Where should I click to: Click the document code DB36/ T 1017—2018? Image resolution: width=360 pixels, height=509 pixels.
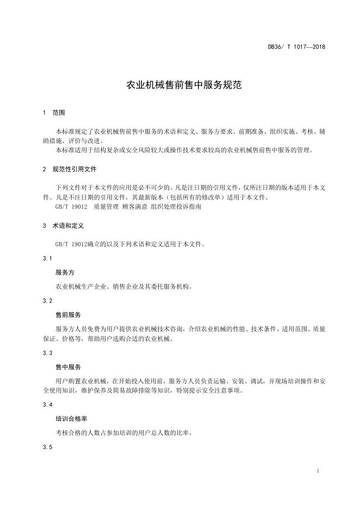[x=296, y=47]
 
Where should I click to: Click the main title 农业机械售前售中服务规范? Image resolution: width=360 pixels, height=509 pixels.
[x=180, y=85]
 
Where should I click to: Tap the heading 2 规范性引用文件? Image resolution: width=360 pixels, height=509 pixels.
[x=69, y=169]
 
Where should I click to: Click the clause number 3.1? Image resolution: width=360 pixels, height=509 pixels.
[x=47, y=258]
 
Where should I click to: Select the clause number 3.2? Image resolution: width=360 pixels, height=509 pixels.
[x=47, y=301]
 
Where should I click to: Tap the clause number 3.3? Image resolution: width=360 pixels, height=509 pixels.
[x=47, y=353]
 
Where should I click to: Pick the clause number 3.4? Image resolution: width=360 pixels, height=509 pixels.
[x=47, y=405]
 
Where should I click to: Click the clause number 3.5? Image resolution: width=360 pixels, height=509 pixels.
[x=47, y=448]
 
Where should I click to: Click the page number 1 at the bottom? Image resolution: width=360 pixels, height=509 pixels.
[x=317, y=471]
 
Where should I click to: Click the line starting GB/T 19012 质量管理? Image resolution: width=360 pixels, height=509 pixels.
[x=131, y=207]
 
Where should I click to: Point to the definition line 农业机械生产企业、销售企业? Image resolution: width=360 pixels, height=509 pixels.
[x=123, y=286]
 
